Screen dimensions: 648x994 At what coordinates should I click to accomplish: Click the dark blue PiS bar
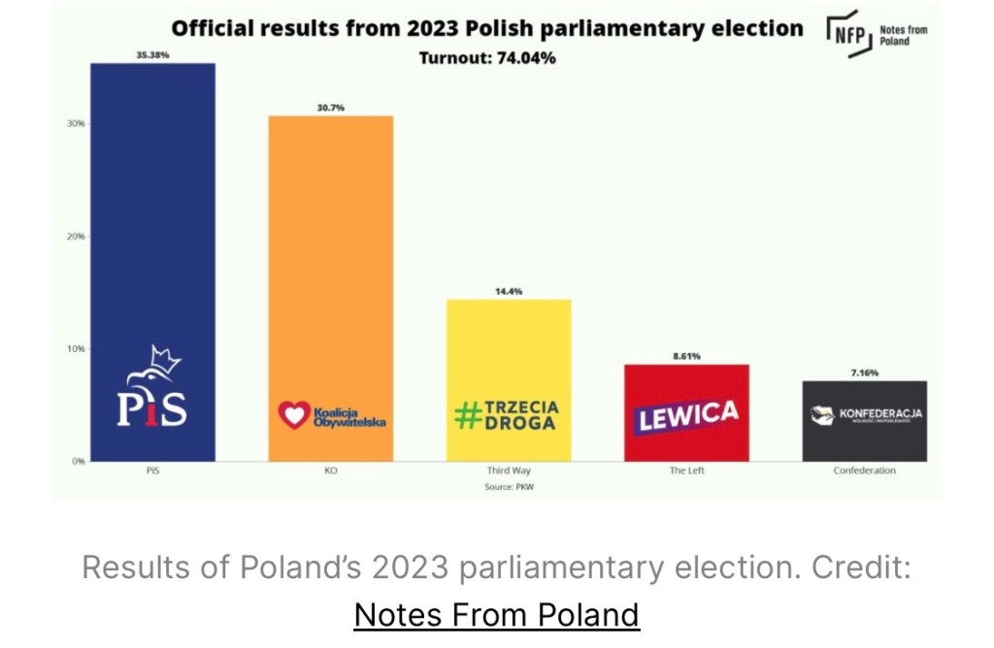(151, 223)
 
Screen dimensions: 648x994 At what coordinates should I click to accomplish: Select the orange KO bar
(330, 252)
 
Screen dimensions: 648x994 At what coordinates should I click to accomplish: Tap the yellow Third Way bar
(508, 349)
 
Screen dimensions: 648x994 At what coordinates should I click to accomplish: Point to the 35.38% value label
(152, 55)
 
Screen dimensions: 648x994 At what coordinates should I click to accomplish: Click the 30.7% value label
(330, 108)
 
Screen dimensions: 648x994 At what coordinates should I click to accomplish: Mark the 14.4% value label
(508, 291)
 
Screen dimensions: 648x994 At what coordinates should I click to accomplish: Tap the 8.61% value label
(686, 356)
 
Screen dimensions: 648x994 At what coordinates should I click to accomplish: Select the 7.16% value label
(864, 373)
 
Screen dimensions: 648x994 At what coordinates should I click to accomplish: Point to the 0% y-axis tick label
(78, 461)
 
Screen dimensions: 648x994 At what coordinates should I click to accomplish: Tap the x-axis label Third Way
(508, 471)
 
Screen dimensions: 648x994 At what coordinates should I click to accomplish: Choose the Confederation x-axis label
(864, 471)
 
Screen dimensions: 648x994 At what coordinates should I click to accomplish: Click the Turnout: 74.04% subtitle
(487, 58)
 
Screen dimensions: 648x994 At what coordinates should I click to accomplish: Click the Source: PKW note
(509, 486)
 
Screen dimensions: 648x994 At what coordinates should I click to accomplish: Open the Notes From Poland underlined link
(496, 614)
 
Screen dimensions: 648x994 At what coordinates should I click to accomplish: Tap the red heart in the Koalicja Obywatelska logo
(292, 415)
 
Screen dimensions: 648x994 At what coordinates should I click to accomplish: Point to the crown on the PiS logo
(167, 361)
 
